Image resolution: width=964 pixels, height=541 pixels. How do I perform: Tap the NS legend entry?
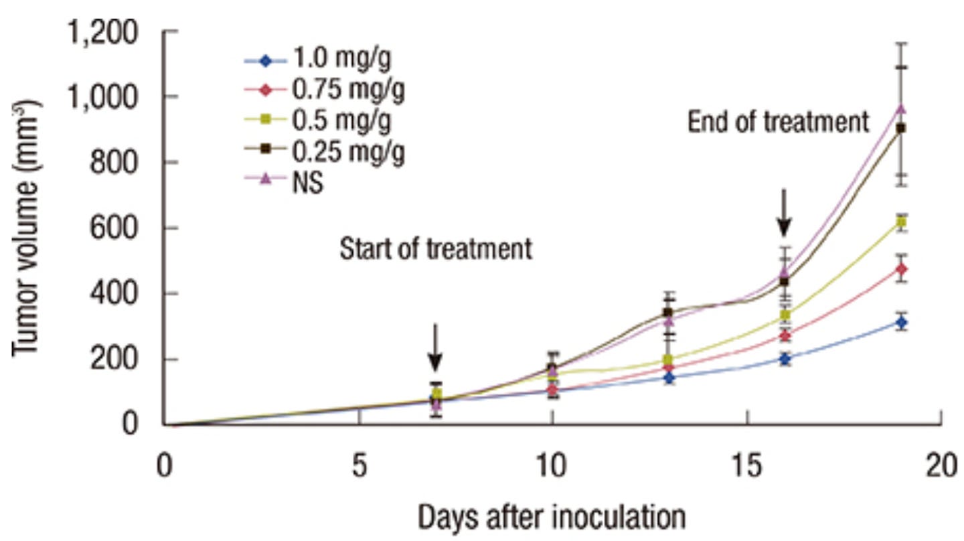[307, 182]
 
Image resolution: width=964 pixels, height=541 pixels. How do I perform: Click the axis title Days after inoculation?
[552, 518]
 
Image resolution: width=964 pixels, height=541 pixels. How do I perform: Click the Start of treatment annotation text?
[435, 250]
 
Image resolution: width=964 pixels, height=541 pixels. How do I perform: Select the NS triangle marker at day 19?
[901, 108]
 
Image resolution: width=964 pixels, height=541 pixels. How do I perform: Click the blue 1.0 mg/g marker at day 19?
[901, 323]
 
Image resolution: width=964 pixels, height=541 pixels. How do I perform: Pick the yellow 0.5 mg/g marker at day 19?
[901, 222]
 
